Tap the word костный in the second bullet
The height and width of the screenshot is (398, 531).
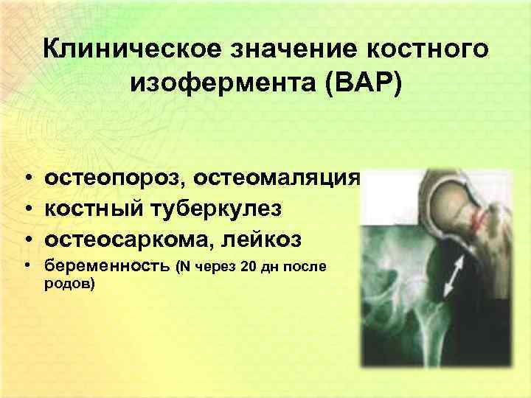coord(98,210)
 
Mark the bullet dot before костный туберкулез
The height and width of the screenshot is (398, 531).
coord(26,212)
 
